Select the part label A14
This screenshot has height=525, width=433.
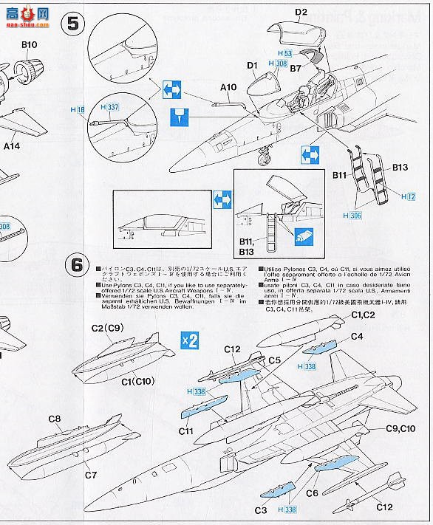11,146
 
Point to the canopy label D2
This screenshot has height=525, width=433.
301,12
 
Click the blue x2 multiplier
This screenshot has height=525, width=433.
190,340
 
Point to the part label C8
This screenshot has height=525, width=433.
54,419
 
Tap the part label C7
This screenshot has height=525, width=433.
90,475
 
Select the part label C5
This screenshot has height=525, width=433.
274,360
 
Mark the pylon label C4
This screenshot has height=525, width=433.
356,336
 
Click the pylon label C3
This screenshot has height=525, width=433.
260,509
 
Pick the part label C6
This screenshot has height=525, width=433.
312,493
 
